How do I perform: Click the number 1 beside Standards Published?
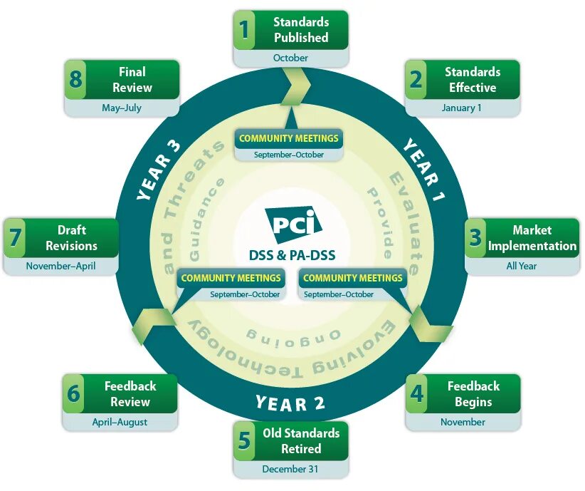click(x=245, y=30)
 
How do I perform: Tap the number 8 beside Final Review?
click(x=75, y=79)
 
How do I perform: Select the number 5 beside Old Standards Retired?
click(x=245, y=441)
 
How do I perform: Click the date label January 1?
click(x=461, y=108)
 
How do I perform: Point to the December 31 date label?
click(x=290, y=469)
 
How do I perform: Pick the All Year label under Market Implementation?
click(x=522, y=266)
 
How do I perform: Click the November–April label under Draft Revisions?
click(x=60, y=266)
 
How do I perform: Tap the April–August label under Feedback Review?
click(x=120, y=422)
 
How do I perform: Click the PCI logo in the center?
click(x=292, y=225)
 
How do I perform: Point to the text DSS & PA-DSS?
click(x=292, y=255)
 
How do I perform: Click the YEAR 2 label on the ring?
click(x=290, y=403)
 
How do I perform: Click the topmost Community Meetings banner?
click(x=289, y=138)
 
